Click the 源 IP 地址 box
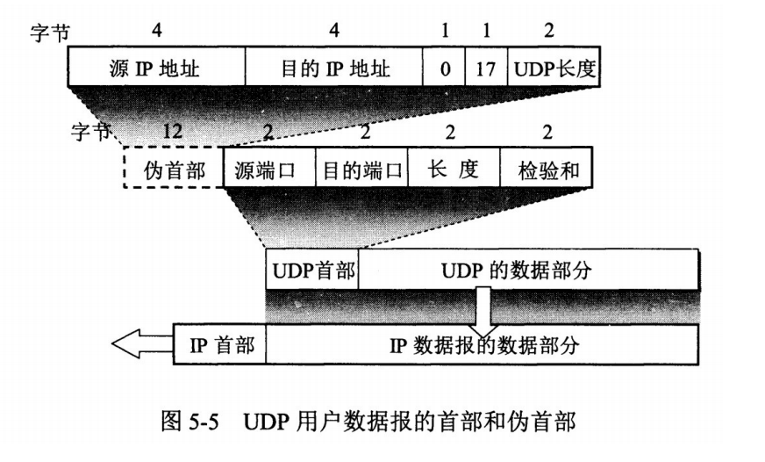156,68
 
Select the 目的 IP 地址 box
332,68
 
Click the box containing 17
485,68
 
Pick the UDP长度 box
553,68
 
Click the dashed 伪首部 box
173,169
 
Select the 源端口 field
268,169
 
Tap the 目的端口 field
362,169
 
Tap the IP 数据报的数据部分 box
483,343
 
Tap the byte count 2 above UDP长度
550,30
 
